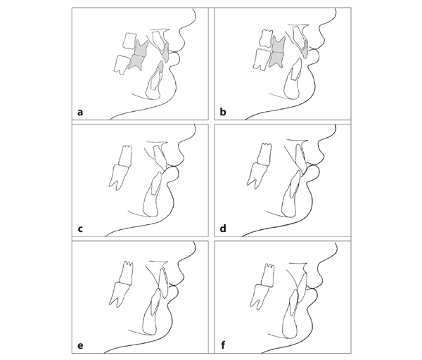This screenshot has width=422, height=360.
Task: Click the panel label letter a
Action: [80, 112]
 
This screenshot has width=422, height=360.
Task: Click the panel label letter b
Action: [222, 111]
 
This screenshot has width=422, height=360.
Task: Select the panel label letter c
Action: [80, 229]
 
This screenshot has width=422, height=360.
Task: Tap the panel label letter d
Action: [223, 228]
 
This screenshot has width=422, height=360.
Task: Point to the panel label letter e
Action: [80, 345]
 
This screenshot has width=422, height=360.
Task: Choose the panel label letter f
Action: [222, 345]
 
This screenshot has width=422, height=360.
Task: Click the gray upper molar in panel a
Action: [141, 48]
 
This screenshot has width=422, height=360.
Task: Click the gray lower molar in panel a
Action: [136, 63]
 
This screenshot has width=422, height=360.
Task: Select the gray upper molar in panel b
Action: [279, 44]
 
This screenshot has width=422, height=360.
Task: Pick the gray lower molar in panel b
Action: [276, 60]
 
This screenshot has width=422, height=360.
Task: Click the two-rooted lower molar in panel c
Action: [119, 176]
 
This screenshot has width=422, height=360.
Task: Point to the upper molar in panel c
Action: [126, 156]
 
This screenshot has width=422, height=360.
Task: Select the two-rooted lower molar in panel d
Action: [257, 174]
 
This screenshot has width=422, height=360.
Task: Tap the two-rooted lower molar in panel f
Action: [260, 296]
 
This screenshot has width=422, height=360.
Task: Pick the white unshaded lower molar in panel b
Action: [262, 60]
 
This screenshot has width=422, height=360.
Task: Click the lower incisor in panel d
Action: [291, 194]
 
